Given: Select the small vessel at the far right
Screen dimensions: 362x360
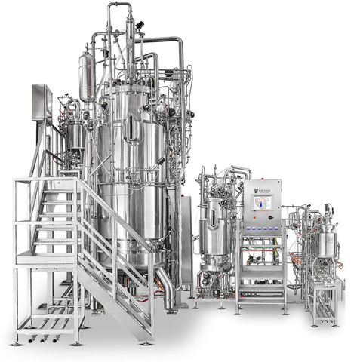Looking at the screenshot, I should tap(326, 243).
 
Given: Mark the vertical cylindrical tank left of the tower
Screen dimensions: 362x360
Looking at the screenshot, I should tap(86, 75).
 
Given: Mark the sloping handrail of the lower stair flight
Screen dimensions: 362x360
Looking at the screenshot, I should tap(121, 249).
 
